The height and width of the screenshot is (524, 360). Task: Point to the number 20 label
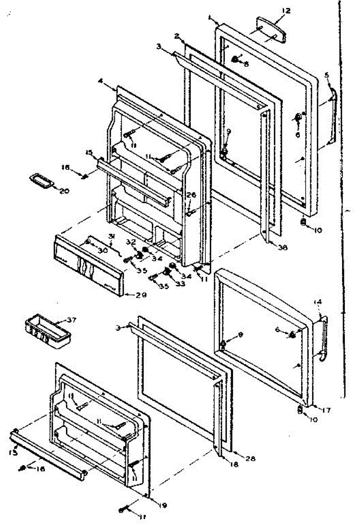(x=65, y=191)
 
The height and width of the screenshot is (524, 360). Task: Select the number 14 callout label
(x=318, y=302)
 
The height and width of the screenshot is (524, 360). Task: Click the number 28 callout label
(x=250, y=458)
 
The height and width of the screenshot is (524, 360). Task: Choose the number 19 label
(x=162, y=506)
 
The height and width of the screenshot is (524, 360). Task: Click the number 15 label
(x=89, y=152)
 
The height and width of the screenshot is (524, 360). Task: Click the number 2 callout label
(x=177, y=36)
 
